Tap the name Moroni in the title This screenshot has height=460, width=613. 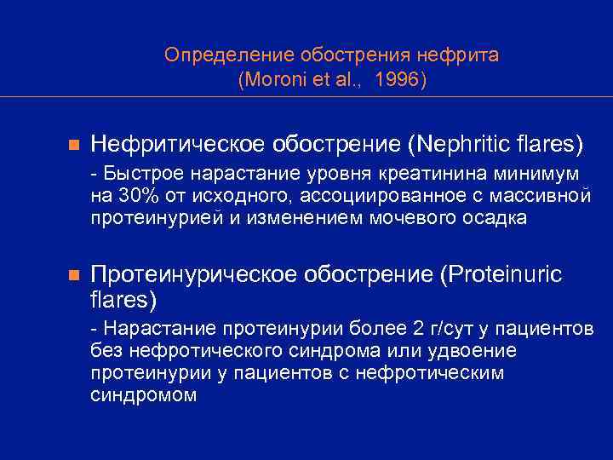pos(275,80)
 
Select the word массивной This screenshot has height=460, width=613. pos(544,196)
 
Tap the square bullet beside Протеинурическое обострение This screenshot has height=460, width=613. pos(73,276)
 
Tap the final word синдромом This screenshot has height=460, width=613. pos(143,395)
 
